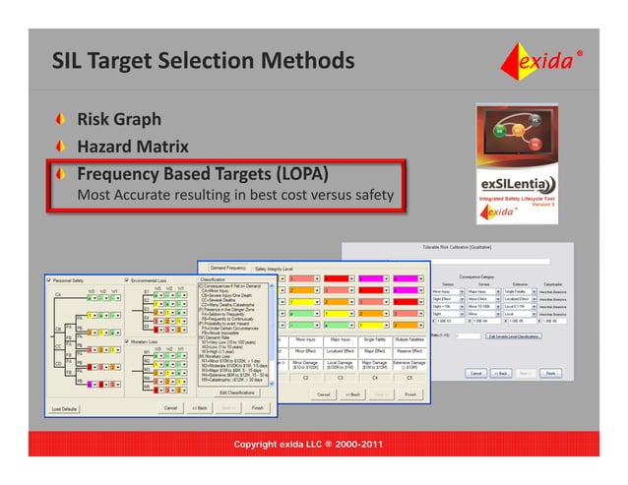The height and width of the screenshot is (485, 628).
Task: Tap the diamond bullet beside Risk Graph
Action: point(64,121)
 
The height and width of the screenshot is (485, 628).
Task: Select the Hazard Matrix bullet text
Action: point(133,147)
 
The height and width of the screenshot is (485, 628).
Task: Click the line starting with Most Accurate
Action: point(235,195)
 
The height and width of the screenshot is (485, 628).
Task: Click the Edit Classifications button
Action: point(235,394)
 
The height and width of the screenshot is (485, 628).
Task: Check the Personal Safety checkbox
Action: point(58,281)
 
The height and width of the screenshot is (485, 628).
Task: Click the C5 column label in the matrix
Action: point(410,377)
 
